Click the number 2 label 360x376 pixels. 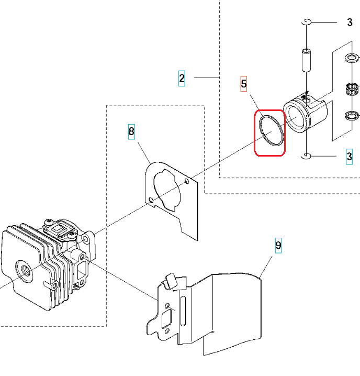[182, 79]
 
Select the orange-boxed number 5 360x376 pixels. [244, 83]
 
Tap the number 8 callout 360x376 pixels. [131, 130]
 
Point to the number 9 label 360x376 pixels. [278, 245]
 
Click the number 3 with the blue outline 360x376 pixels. [349, 156]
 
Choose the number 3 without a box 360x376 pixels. [350, 22]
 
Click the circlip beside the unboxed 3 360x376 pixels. [308, 21]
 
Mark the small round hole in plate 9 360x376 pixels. [166, 305]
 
